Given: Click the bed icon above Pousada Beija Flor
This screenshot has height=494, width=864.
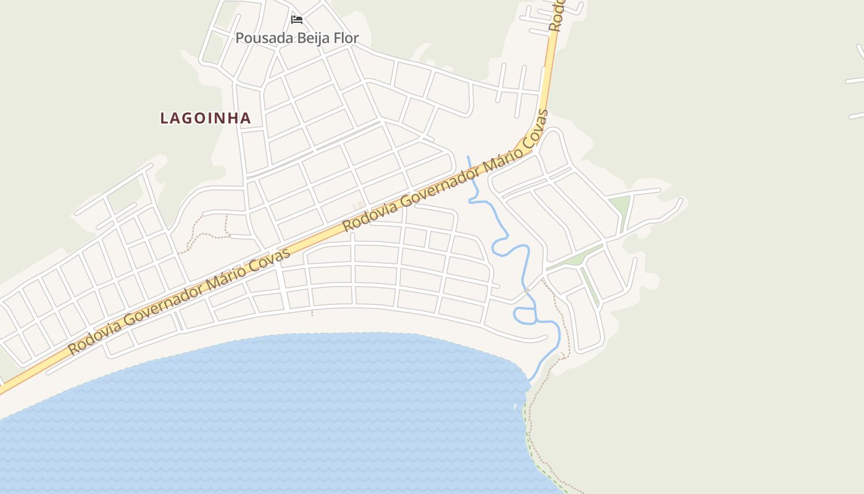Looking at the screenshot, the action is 297,20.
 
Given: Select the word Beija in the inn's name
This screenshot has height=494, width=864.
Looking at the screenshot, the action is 314,38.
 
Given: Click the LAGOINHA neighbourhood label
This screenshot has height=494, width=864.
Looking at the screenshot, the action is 206,118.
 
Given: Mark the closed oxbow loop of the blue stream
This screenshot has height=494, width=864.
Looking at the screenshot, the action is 525,316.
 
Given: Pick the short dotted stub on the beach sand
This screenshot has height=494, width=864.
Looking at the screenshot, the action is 312,312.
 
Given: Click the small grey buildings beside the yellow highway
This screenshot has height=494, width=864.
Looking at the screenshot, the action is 357,206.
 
